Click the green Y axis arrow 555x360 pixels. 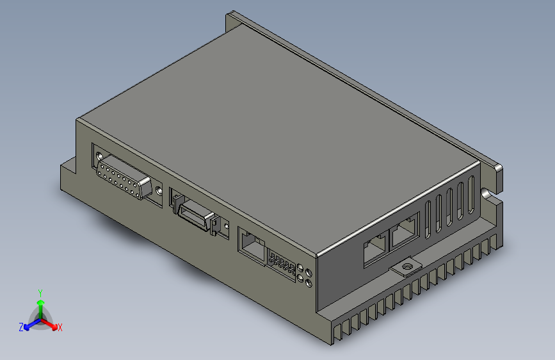[x=40, y=304]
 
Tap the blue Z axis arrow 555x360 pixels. [x=29, y=325]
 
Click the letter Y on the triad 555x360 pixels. [x=40, y=292]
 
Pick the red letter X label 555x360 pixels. [x=60, y=327]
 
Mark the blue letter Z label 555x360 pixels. [x=21, y=327]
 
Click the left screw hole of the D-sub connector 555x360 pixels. [x=99, y=157]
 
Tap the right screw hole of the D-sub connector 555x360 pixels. [x=159, y=190]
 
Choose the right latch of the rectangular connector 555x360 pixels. [x=214, y=224]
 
